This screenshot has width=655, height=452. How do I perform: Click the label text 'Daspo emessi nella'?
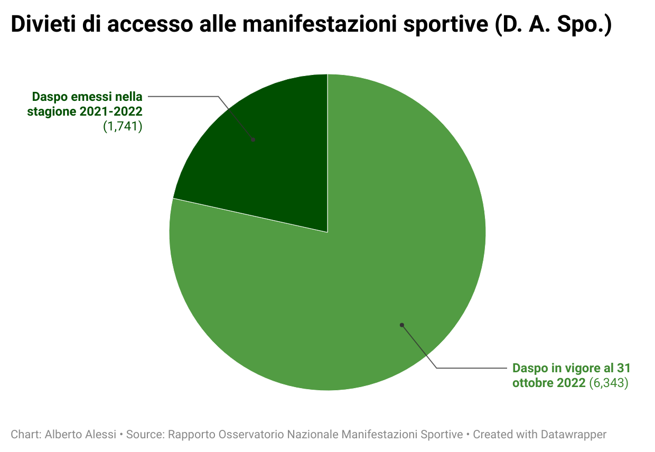(87, 97)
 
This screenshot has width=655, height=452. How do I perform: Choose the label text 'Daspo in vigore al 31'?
(572, 368)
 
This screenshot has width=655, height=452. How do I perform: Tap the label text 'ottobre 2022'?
(549, 383)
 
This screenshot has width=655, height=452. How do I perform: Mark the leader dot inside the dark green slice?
(253, 139)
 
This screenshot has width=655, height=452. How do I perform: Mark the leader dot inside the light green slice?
(401, 325)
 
